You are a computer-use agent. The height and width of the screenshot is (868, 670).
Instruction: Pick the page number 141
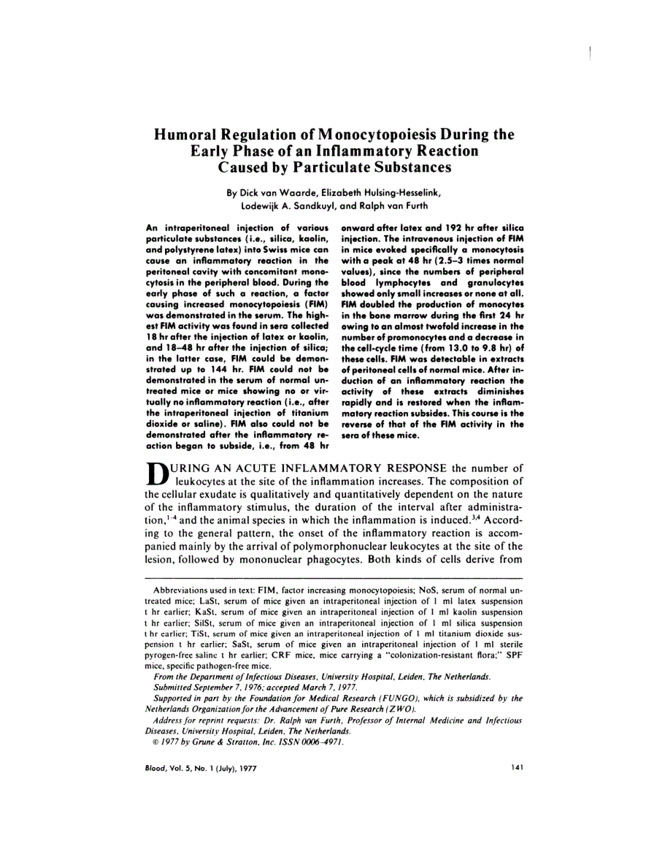(517, 769)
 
